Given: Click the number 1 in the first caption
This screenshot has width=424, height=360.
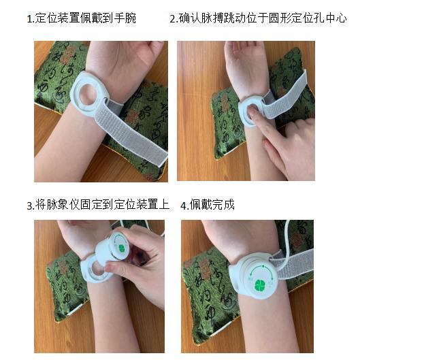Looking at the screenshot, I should pyautogui.click(x=29, y=18).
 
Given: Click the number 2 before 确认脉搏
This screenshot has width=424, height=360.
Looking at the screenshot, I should pyautogui.click(x=172, y=18).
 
